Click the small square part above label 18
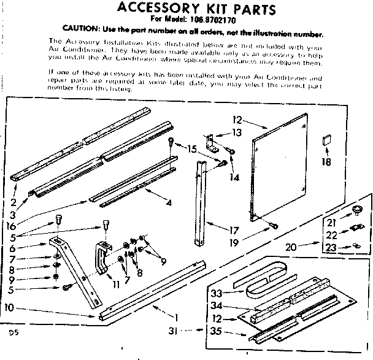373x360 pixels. point(326,141)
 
